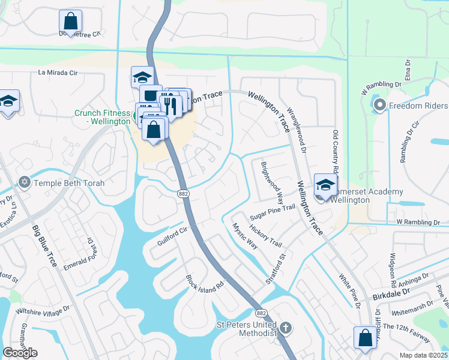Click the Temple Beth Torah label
(70, 183)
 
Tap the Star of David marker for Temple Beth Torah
(25, 182)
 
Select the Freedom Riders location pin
(379, 106)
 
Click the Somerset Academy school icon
(325, 185)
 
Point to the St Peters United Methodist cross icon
(286, 328)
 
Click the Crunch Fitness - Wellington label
(102, 117)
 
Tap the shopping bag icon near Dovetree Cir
(70, 22)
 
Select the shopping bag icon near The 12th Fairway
(365, 338)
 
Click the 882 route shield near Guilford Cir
(184, 193)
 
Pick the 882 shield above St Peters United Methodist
(261, 313)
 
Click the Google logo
(20, 353)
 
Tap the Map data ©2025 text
(424, 355)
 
